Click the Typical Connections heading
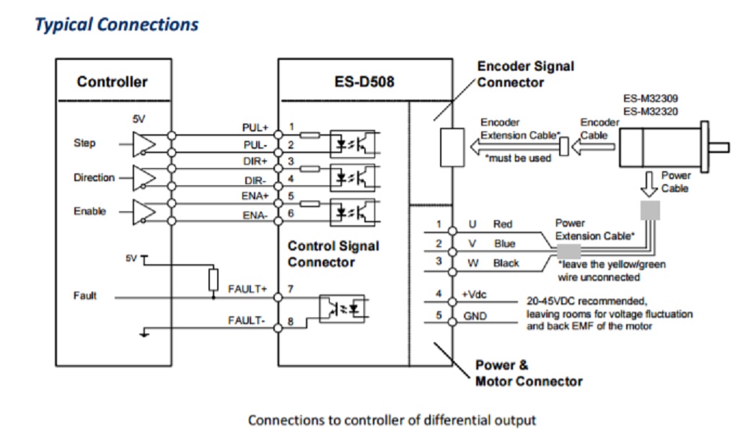coord(116,25)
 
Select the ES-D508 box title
coord(364,82)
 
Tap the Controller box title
coord(113,82)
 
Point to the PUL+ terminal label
coord(255,128)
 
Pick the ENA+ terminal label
coord(255,196)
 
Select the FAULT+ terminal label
coord(247,289)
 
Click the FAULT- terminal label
coord(248,320)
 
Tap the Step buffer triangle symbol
coord(145,143)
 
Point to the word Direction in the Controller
coord(94,178)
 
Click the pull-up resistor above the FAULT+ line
coord(214,279)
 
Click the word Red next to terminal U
coord(503,224)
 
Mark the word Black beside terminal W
coord(506,263)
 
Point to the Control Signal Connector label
coord(333,254)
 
